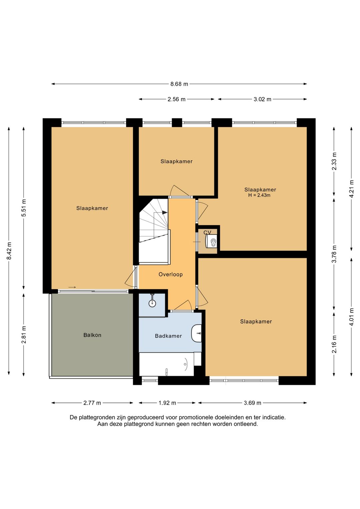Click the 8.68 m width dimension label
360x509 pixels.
tap(179, 84)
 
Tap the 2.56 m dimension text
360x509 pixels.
tap(176, 99)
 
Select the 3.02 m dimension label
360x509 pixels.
tap(262, 99)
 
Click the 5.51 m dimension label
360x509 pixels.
tap(24, 208)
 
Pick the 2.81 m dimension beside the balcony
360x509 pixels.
tap(24, 335)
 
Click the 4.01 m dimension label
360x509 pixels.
tap(352, 317)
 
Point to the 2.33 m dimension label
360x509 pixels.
tap(334, 161)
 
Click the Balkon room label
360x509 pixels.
tap(92, 335)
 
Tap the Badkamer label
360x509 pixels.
tap(168, 336)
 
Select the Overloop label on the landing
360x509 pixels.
tap(171, 275)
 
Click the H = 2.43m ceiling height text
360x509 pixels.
tap(259, 195)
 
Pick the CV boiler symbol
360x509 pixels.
tap(212, 241)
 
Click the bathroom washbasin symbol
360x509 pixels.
tap(197, 333)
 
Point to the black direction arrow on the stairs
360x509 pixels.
tap(165, 212)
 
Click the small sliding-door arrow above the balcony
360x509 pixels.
tap(72, 288)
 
